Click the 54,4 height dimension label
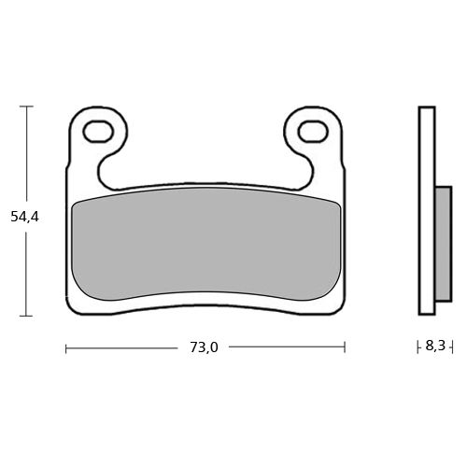pos(24,216)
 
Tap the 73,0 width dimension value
pos(204,347)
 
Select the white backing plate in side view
pos(427,211)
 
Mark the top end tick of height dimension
pos(26,106)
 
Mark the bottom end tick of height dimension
pos(26,316)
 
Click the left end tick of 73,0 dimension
pos(65,347)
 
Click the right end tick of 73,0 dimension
pos(345,347)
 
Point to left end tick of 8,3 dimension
pos(417,347)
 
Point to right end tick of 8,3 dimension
pos(452,347)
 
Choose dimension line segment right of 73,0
pos(285,347)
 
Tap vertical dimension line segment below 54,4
pos(26,271)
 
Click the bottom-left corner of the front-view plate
pos(71,311)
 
